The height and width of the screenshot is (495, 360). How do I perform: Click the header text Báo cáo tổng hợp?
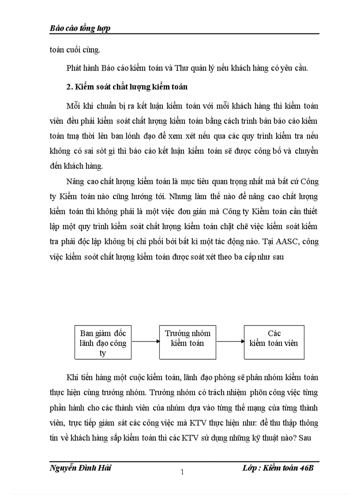pyautogui.click(x=80, y=28)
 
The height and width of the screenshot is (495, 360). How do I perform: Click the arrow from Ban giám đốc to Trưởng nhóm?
pyautogui.click(x=145, y=341)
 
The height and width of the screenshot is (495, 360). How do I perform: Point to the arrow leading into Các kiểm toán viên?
pyautogui.click(x=230, y=341)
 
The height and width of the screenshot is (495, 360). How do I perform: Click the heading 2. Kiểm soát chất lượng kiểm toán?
pyautogui.click(x=127, y=87)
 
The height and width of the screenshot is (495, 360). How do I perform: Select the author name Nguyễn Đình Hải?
pyautogui.click(x=80, y=468)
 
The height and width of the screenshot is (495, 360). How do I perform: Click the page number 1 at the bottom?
pyautogui.click(x=182, y=473)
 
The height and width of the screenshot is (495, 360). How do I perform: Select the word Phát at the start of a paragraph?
pyautogui.click(x=74, y=68)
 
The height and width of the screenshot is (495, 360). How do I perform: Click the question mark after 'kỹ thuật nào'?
pyautogui.click(x=299, y=438)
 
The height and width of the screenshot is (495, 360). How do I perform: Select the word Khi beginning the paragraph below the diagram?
pyautogui.click(x=71, y=378)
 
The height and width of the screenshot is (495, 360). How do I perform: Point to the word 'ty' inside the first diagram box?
pyautogui.click(x=103, y=353)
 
